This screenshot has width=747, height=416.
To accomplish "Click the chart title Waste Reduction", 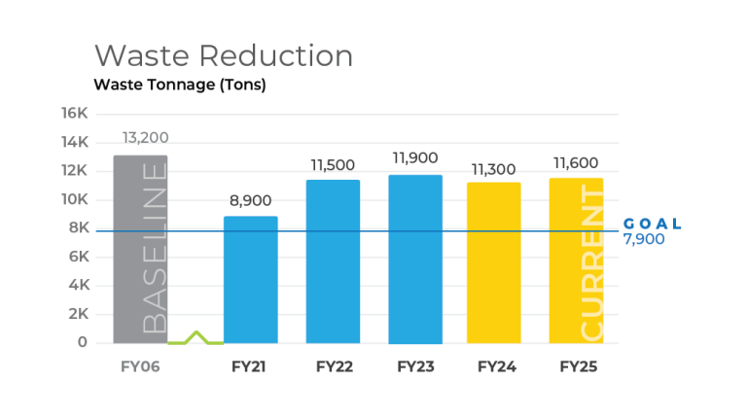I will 223,54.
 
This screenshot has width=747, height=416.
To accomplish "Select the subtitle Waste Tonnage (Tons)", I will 179,85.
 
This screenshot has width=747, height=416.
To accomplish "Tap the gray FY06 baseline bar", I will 140,249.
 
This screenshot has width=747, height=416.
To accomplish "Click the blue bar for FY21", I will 250,280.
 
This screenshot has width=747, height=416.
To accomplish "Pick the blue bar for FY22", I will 333,261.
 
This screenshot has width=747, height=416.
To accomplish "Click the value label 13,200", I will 146,136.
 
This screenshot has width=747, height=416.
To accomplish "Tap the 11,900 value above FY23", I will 415,157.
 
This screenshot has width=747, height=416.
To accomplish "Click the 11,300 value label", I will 493,169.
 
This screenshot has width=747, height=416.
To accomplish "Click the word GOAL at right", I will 652,224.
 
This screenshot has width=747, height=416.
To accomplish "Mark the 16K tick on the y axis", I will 76,114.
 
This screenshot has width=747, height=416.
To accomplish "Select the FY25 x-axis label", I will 578,367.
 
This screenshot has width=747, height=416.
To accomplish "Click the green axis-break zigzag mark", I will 196,338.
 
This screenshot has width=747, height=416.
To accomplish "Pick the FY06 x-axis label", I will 139,367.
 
